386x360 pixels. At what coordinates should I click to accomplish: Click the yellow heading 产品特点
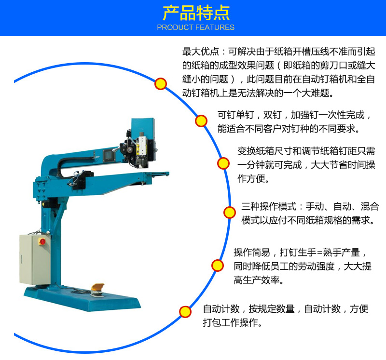click(x=196, y=13)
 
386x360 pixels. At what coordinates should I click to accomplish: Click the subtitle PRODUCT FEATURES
click(x=196, y=27)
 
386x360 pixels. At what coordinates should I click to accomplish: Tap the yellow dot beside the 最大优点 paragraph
click(x=161, y=84)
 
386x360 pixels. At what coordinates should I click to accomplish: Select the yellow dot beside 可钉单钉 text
click(x=201, y=121)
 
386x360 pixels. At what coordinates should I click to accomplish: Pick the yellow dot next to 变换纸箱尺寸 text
click(x=223, y=163)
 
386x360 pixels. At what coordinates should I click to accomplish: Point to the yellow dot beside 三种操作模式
click(x=230, y=213)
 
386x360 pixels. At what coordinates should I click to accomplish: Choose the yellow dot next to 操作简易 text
click(x=218, y=266)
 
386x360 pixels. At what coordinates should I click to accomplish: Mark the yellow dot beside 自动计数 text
click(x=185, y=312)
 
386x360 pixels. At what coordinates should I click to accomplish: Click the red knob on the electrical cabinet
click(x=42, y=241)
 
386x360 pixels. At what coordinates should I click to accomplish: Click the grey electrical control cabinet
click(x=35, y=259)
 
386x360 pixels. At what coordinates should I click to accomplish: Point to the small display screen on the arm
click(x=109, y=155)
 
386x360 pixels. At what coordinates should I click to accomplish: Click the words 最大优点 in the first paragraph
click(x=200, y=52)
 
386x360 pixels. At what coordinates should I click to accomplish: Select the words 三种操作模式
click(x=269, y=206)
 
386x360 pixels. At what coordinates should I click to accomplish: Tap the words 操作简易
click(x=252, y=253)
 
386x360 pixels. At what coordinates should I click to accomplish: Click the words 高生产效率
click(x=257, y=280)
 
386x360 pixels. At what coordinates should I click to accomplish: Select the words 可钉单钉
click(x=235, y=115)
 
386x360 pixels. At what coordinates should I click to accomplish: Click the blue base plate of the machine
click(x=83, y=298)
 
